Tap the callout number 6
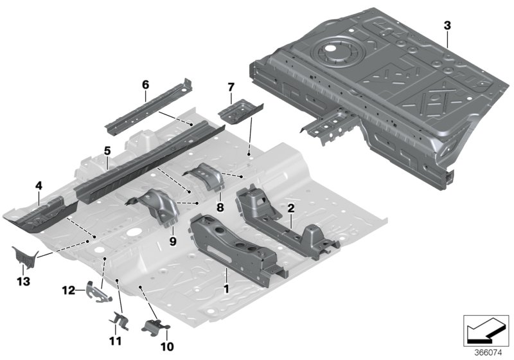pos(145,84)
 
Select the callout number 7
pos(231,86)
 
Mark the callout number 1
pos(226,291)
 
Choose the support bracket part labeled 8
pos(205,176)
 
